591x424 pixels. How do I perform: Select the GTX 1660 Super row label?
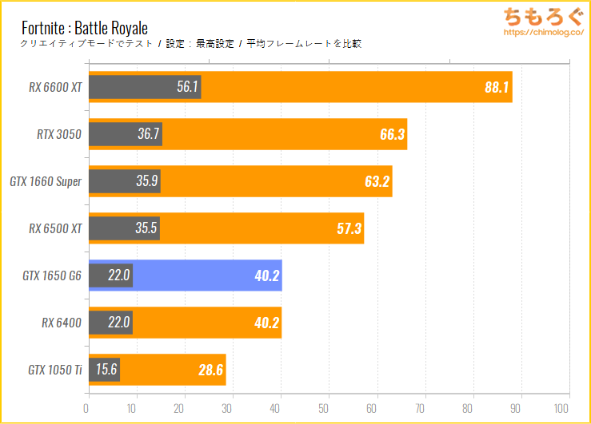click(x=46, y=181)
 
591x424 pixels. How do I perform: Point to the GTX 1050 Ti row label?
click(x=55, y=370)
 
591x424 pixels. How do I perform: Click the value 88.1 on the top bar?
click(x=497, y=87)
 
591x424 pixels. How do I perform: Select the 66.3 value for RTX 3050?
click(x=393, y=134)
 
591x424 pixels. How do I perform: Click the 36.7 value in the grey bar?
click(x=149, y=134)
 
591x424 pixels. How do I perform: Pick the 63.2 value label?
click(x=377, y=181)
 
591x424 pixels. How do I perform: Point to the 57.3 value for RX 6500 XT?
click(x=349, y=228)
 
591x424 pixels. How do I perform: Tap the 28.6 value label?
click(x=211, y=370)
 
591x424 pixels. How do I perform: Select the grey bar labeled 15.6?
click(x=104, y=370)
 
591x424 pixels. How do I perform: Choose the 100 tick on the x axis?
click(x=569, y=407)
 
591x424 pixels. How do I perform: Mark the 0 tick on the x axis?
click(x=87, y=407)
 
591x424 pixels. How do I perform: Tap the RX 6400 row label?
click(x=62, y=323)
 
